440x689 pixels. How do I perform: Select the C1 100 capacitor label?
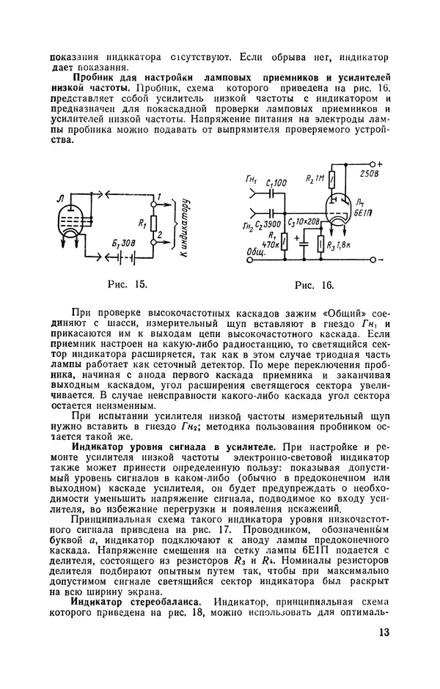coord(277,181)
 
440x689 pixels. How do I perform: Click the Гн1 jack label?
coord(254,180)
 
